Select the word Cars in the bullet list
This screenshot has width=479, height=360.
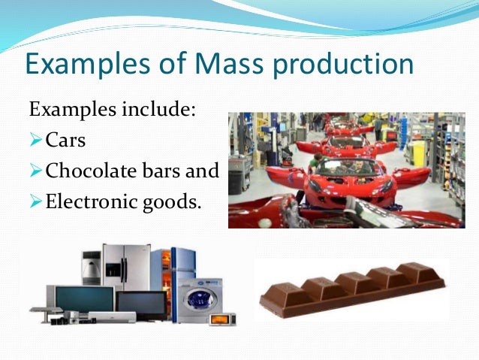65,141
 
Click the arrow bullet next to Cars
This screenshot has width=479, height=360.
35,141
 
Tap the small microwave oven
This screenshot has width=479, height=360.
222,318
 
